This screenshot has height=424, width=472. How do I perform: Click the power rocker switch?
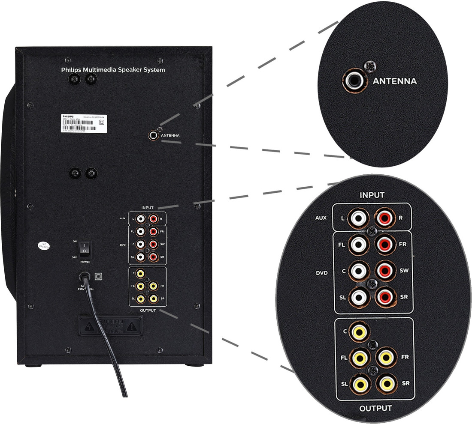[x=85, y=248]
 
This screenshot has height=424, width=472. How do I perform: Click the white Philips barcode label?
[x=82, y=123]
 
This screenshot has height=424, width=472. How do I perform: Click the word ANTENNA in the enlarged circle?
[x=395, y=81]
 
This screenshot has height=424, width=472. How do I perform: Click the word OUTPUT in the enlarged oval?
[x=375, y=408]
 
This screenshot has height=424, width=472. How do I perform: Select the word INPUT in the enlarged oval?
[x=372, y=195]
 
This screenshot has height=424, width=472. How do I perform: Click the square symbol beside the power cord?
[x=98, y=276]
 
